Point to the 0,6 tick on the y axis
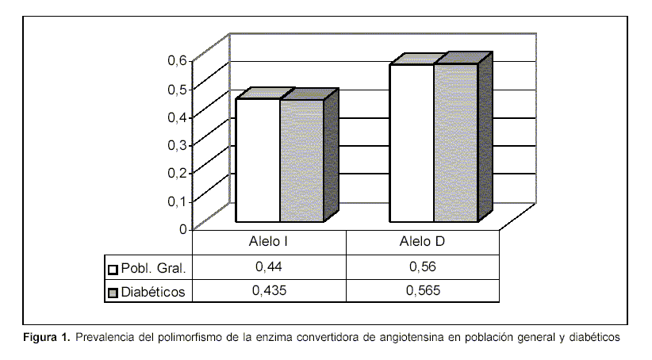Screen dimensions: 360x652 pyautogui.click(x=177, y=60)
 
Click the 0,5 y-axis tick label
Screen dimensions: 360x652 pyautogui.click(x=177, y=88)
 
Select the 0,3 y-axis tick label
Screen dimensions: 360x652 pyautogui.click(x=177, y=144)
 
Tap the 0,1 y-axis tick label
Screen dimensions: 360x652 pyautogui.click(x=177, y=201)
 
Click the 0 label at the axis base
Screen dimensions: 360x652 pyautogui.click(x=183, y=229)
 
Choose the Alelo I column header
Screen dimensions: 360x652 pyautogui.click(x=269, y=241)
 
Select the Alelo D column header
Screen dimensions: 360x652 pyautogui.click(x=423, y=241)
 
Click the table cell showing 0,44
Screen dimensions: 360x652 pyautogui.click(x=269, y=266)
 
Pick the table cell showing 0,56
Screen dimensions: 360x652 pyautogui.click(x=423, y=266)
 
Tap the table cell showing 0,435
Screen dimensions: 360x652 pyautogui.click(x=269, y=291)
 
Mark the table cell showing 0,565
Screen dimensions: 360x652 pyautogui.click(x=423, y=291)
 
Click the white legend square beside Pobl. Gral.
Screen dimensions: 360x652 pyautogui.click(x=113, y=268)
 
